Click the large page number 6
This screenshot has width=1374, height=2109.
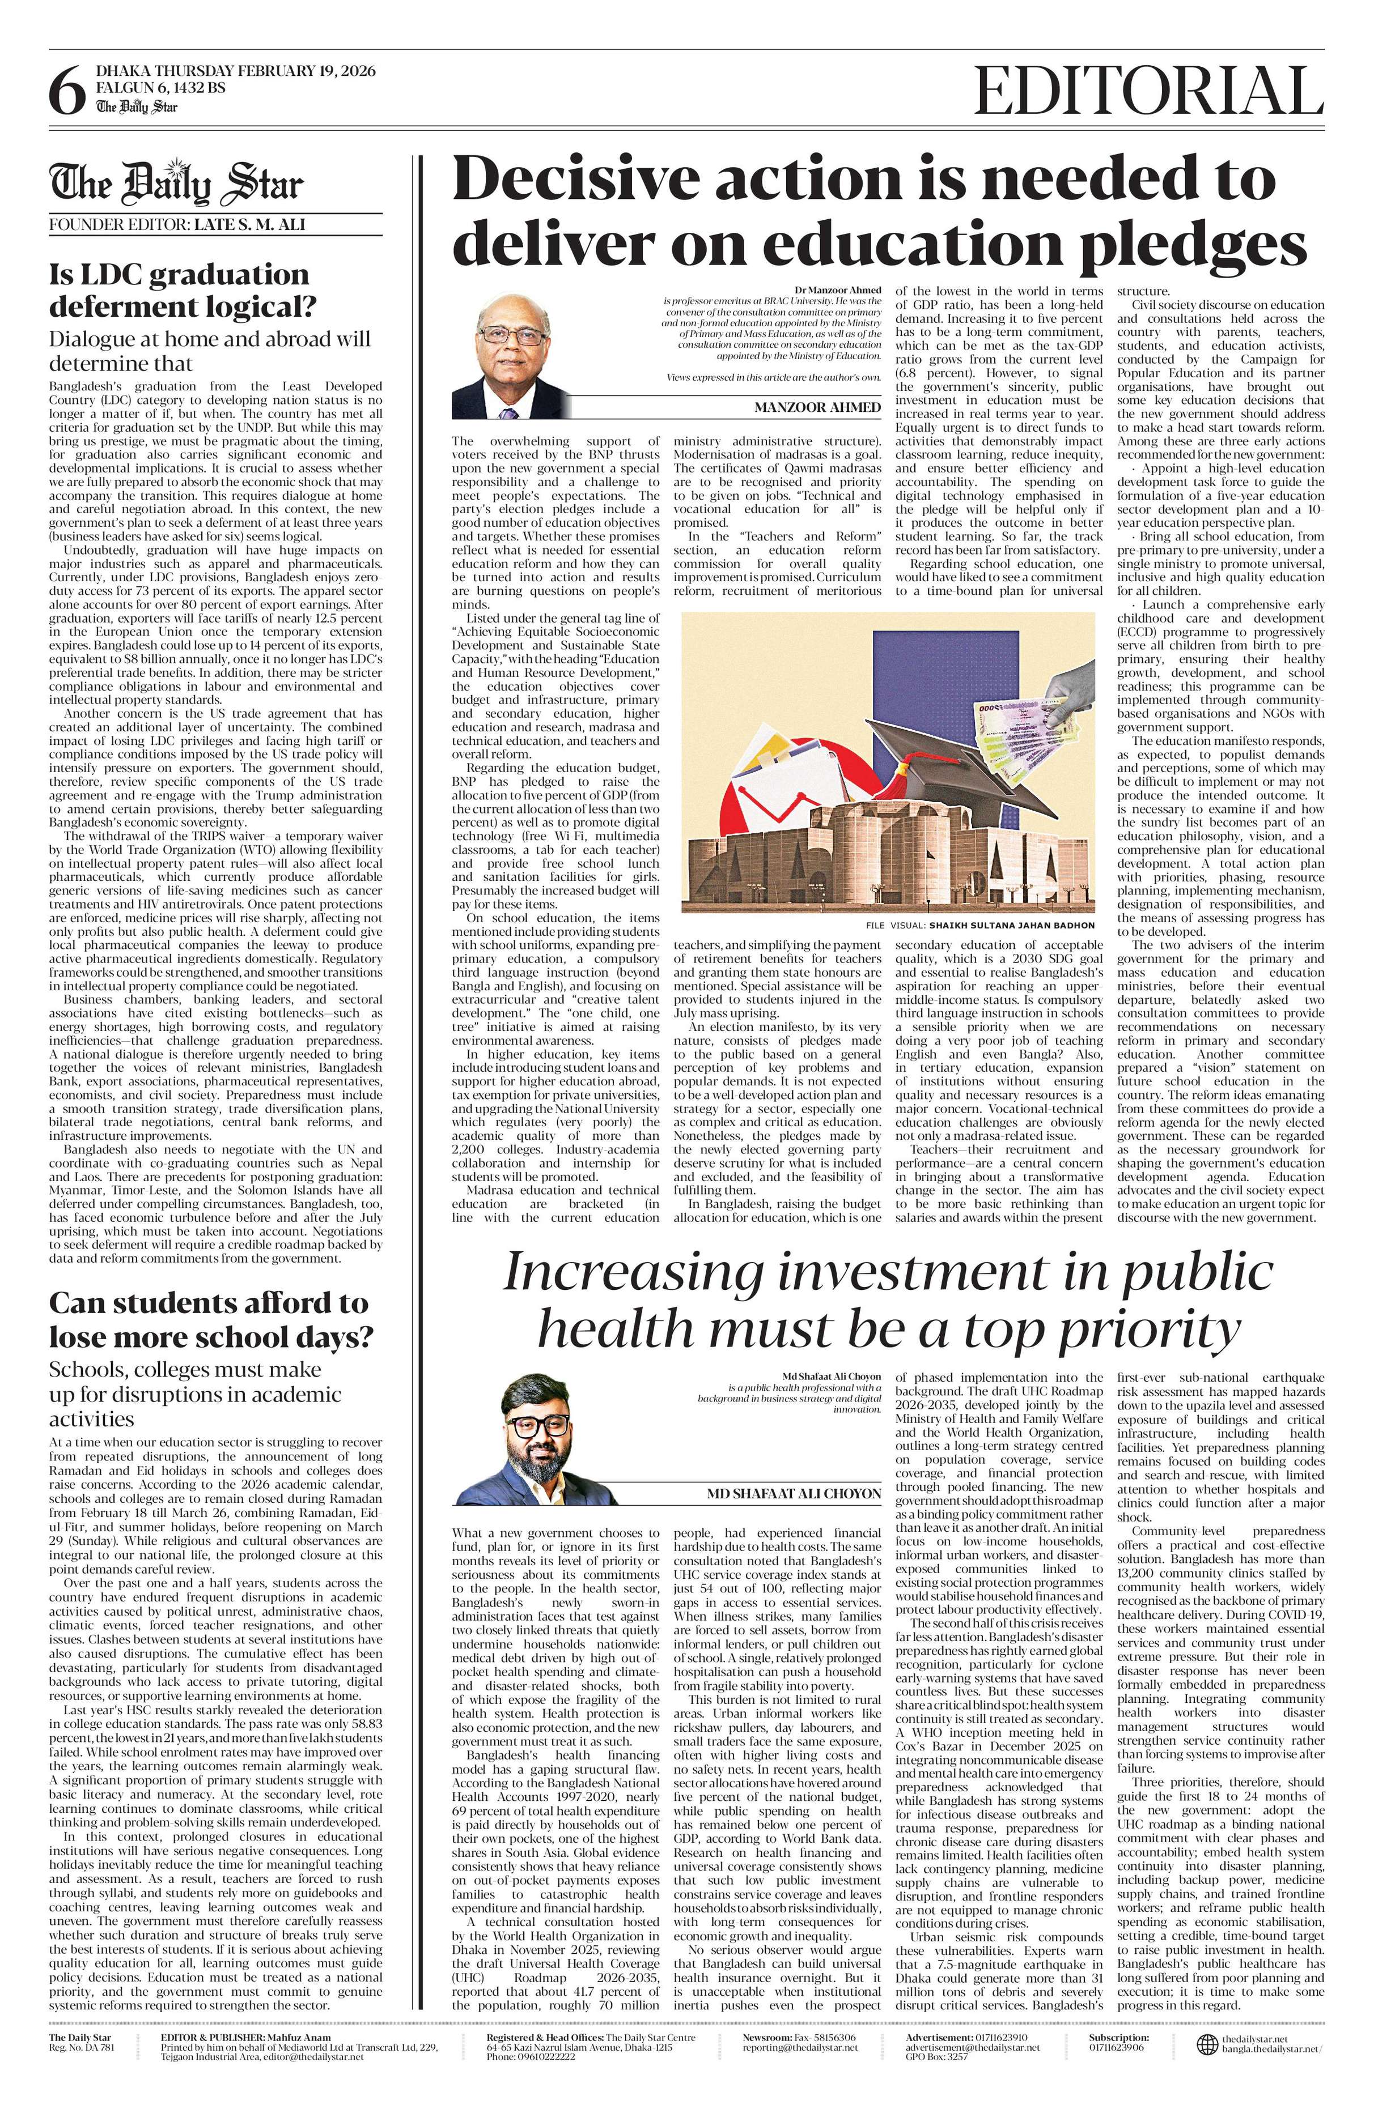66,93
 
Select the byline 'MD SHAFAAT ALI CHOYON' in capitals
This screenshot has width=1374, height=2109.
794,1494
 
